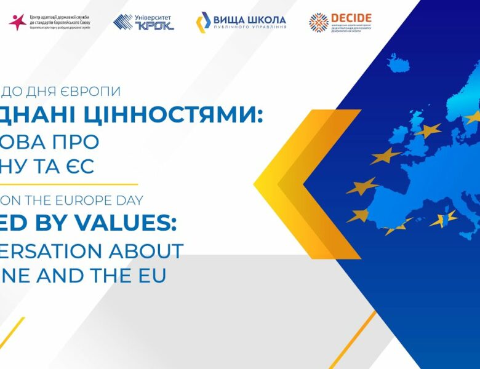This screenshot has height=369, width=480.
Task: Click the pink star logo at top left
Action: pyautogui.click(x=17, y=22)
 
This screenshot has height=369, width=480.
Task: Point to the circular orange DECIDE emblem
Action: pyautogui.click(x=319, y=23)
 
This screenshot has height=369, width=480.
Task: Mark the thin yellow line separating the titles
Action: pyautogui.click(x=68, y=183)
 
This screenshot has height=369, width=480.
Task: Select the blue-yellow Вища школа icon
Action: pyautogui.click(x=203, y=22)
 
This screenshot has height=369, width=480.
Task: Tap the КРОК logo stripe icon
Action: pyautogui.click(x=123, y=22)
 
